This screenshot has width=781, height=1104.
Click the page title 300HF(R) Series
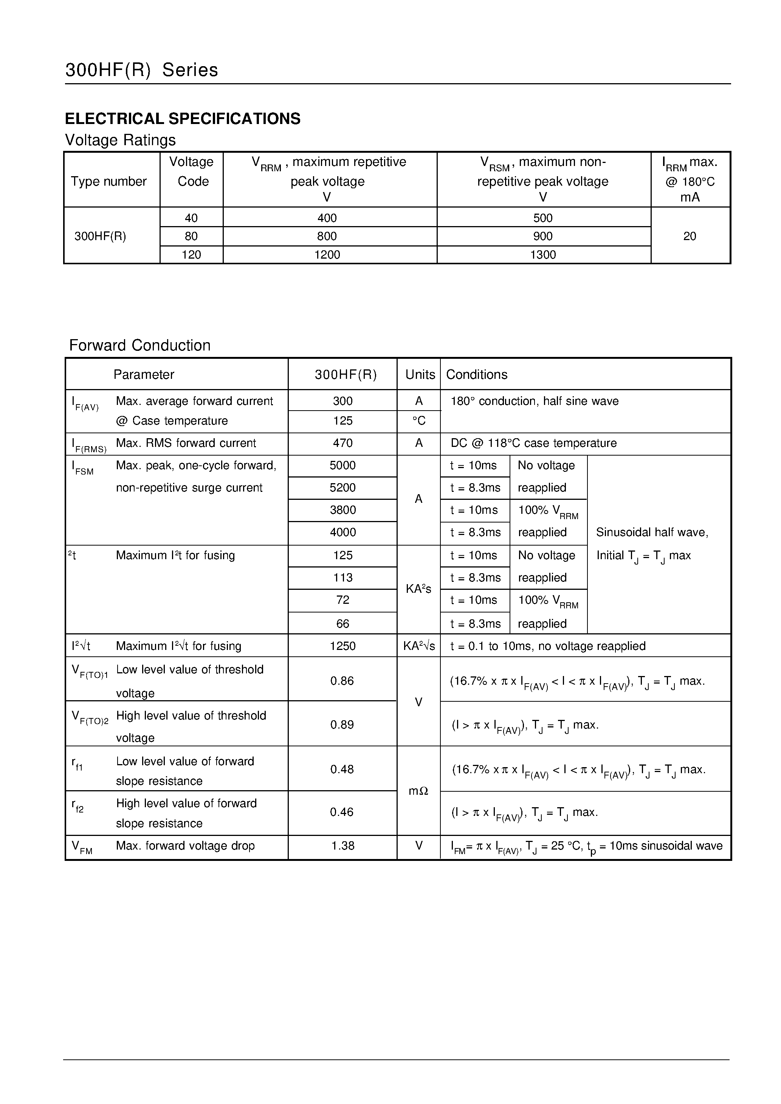coord(141,70)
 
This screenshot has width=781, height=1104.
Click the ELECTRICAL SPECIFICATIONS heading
coord(182,119)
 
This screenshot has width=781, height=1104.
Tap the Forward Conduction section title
coord(139,345)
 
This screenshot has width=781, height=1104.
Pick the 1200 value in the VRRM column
coord(327,254)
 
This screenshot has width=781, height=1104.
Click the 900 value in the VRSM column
coord(542,236)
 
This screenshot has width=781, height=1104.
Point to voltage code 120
coord(191,254)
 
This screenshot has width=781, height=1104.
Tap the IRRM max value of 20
coord(689,236)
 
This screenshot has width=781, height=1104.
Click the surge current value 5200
coord(342,488)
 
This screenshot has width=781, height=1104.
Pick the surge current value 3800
coord(342,510)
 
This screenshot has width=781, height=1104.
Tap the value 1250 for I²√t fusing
coord(342,646)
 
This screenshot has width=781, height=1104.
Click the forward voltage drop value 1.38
coord(342,845)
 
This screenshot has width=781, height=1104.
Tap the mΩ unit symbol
coord(418,791)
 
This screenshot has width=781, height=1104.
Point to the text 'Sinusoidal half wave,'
coord(652,532)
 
